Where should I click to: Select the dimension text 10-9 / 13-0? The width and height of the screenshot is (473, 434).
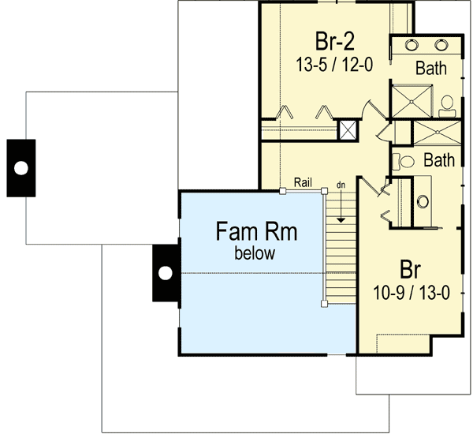[409, 293]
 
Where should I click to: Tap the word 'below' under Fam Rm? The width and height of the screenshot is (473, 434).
[255, 253]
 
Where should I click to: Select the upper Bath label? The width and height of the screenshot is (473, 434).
[431, 69]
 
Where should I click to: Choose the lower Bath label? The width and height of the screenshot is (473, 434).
[439, 160]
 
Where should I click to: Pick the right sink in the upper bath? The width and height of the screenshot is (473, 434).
[445, 44]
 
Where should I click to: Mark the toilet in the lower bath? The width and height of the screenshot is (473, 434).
[404, 161]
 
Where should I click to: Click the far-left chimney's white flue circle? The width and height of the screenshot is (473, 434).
[20, 167]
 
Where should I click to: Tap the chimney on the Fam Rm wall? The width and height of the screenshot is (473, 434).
[166, 273]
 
